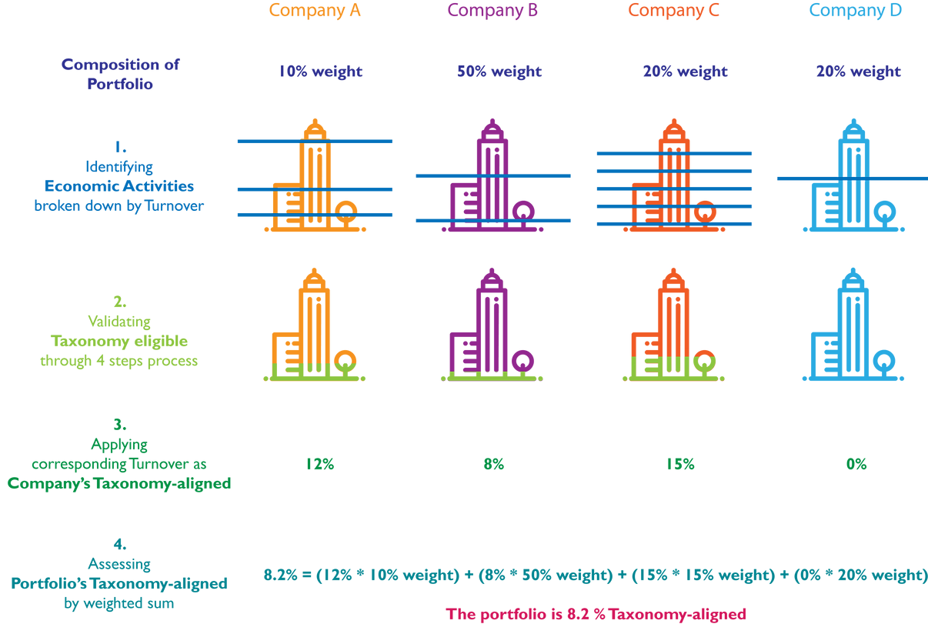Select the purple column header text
tap(492, 12)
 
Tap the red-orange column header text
tap(674, 13)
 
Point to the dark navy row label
tap(121, 75)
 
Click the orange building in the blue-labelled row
tap(315, 180)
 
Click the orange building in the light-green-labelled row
tap(315, 326)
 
